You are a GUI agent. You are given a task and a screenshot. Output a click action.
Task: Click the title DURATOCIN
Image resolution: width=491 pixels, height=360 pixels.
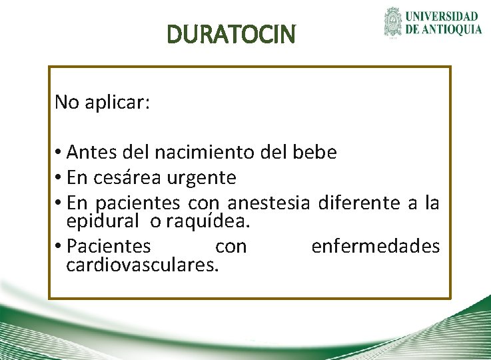click(x=231, y=34)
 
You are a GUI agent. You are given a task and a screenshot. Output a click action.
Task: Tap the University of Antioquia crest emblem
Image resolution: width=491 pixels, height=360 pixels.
click(x=394, y=23)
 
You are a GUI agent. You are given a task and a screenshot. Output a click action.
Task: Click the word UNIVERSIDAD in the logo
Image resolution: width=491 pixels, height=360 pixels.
click(x=442, y=16)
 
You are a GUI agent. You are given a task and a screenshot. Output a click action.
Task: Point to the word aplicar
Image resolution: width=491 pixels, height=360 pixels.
click(x=117, y=103)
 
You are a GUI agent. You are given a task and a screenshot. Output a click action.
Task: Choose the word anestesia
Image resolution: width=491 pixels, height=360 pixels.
click(x=269, y=202)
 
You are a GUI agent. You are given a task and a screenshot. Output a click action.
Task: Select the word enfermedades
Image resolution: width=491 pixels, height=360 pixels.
click(x=376, y=247)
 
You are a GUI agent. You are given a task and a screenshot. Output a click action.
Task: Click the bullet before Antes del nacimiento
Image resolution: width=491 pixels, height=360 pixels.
click(x=59, y=153)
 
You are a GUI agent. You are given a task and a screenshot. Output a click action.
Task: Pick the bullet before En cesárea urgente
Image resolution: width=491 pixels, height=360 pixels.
click(x=59, y=179)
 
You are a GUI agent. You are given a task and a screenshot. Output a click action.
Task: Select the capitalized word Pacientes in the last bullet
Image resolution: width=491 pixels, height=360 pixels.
click(x=109, y=247)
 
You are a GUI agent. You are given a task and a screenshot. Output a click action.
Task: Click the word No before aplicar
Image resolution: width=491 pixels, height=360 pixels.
click(x=66, y=102)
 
